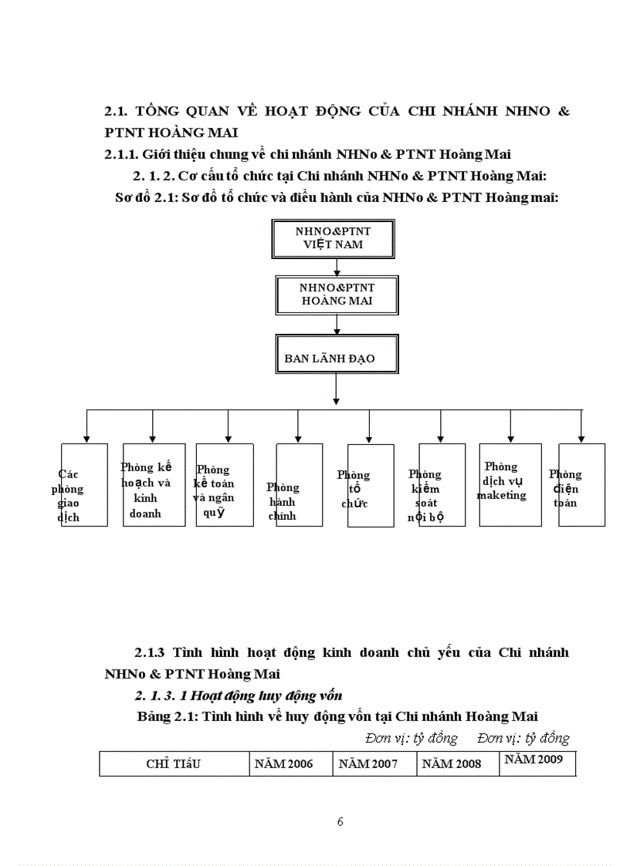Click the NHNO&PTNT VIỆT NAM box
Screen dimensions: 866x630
(332, 238)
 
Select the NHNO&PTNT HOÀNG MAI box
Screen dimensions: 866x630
(336, 295)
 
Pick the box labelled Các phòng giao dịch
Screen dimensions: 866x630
(83, 484)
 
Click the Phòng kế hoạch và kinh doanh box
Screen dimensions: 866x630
(154, 484)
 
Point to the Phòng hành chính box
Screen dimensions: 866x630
(299, 484)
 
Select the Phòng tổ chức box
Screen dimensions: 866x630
(371, 485)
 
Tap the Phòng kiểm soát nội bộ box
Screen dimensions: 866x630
(442, 484)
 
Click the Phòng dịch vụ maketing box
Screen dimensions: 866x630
(510, 484)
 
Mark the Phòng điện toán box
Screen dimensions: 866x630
(581, 484)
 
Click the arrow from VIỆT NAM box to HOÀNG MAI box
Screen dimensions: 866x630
(337, 267)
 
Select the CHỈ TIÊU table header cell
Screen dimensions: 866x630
(174, 763)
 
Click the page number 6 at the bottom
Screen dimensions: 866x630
(340, 821)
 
